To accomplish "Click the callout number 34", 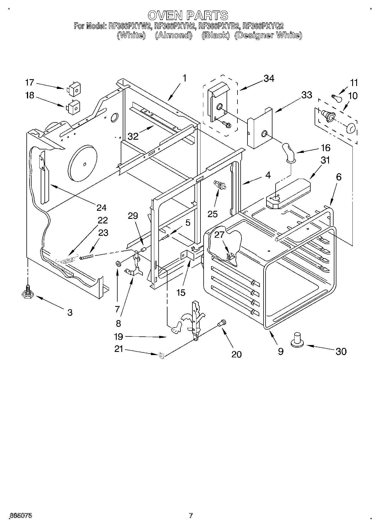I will coord(268,78).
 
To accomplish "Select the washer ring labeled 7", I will coord(118,263).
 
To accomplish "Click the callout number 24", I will coord(101,207).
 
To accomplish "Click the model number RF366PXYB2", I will coord(219,26).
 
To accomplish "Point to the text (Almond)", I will coord(173,35).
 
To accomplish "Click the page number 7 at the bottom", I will coord(190,516).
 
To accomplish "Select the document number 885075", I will coord(21,516).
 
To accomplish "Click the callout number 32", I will coord(133,136).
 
